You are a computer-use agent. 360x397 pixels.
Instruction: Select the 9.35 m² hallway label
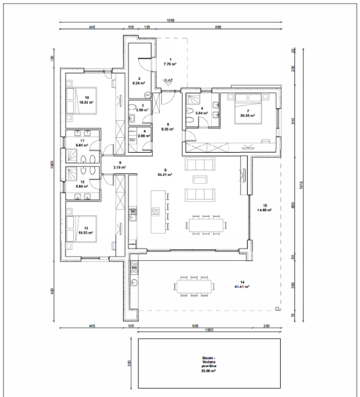(x=168, y=128)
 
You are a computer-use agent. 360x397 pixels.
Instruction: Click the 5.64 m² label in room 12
(x=81, y=186)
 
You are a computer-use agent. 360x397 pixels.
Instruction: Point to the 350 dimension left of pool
(x=129, y=363)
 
